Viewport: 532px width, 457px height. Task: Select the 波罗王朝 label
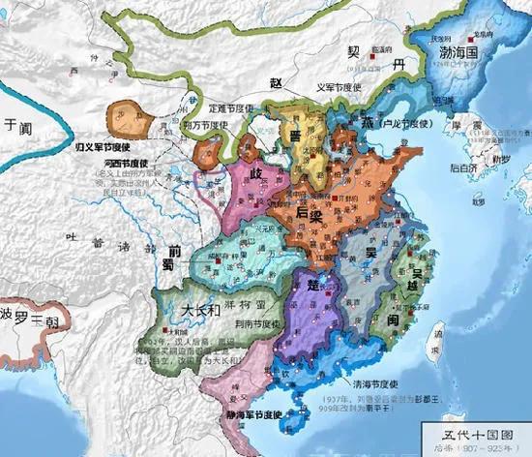click(29, 319)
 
